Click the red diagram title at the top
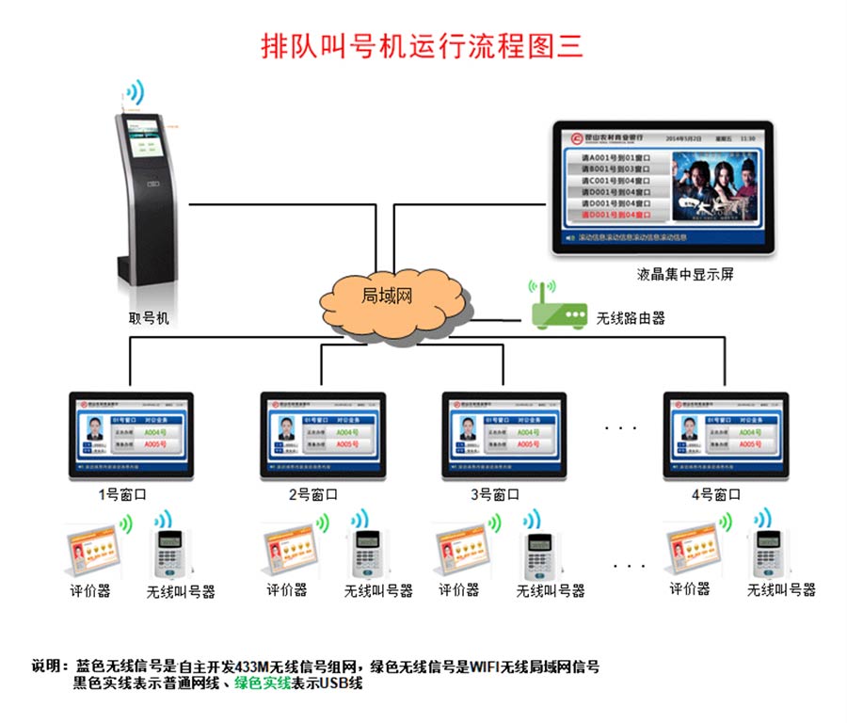[x=423, y=45]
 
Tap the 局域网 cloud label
[x=387, y=296]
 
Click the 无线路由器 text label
[x=631, y=319]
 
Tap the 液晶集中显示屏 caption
[x=684, y=275]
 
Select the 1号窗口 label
[x=121, y=493]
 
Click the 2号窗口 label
[x=312, y=493]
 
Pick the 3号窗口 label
[x=495, y=493]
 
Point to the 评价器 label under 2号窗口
[x=286, y=590]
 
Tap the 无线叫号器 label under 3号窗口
[x=551, y=591]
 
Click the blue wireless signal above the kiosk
[x=136, y=92]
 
